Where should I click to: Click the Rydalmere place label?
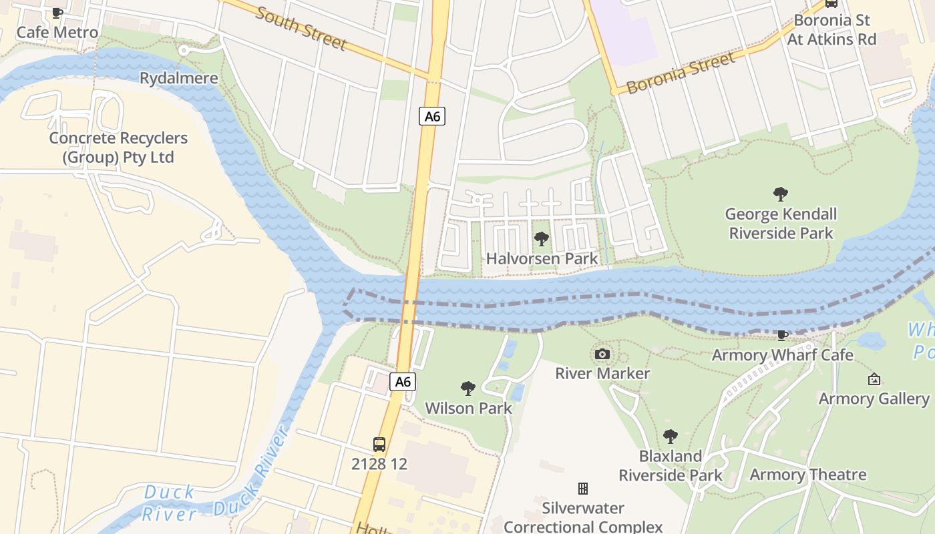[178, 78]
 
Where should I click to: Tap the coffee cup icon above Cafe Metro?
[57, 13]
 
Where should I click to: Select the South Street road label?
[301, 29]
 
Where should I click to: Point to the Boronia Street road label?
[681, 72]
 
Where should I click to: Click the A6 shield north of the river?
[433, 116]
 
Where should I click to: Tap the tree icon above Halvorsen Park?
[542, 238]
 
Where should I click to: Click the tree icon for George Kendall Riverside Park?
[780, 194]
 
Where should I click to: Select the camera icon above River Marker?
[602, 354]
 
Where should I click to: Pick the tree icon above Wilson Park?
[468, 388]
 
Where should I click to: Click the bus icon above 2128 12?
[379, 444]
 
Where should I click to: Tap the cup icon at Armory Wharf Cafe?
[783, 335]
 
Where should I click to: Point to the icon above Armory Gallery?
[874, 379]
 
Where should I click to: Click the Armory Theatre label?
[807, 475]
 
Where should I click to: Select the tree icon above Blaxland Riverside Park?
[670, 437]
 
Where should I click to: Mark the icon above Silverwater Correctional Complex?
[583, 489]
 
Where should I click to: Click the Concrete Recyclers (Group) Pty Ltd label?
[118, 148]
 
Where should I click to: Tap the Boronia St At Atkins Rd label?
[831, 30]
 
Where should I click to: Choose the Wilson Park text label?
[468, 408]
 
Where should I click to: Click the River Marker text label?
[602, 373]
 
